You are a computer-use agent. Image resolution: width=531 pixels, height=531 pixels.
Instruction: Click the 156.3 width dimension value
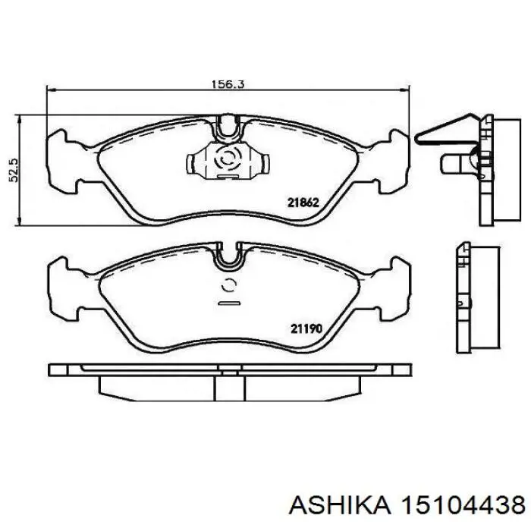[228, 84]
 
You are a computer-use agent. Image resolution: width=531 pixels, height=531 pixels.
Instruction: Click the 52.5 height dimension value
[14, 170]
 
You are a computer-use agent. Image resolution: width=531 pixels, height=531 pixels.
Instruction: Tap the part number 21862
[303, 203]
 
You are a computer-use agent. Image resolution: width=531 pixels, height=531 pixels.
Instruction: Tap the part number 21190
[306, 328]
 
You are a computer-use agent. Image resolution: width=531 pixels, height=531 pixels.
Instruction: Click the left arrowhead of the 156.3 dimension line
[51, 90]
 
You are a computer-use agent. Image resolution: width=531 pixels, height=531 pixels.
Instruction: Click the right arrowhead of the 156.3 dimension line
[405, 90]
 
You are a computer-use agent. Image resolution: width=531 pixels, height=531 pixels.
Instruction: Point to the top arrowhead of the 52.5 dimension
[20, 120]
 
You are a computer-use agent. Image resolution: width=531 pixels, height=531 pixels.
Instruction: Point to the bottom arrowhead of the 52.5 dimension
[20, 220]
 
